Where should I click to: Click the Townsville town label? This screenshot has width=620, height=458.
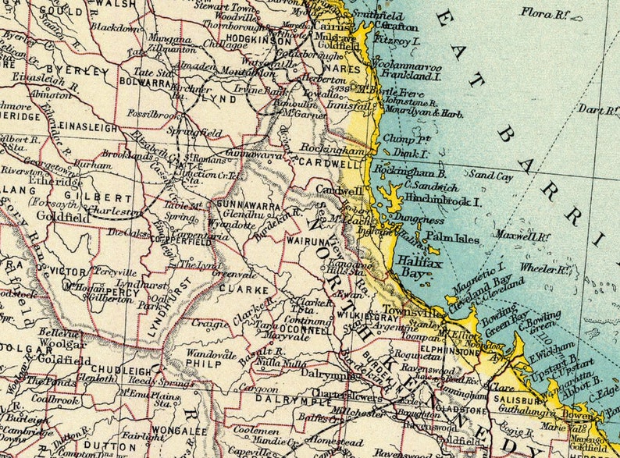pos(402,311)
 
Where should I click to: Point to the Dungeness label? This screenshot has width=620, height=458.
pos(418,221)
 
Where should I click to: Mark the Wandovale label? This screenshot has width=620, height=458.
pos(211,354)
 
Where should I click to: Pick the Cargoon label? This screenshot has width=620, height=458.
pos(258,389)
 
